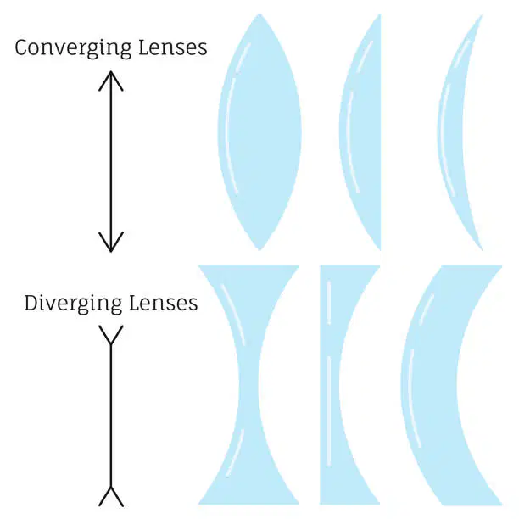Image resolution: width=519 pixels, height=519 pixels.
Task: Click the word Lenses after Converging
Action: (173, 47)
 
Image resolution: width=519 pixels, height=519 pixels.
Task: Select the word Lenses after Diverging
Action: (163, 303)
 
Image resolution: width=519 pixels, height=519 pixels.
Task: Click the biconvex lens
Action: (259, 131)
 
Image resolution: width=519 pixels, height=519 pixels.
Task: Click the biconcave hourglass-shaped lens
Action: (248, 385)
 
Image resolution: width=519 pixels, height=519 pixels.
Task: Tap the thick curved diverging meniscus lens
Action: (430, 385)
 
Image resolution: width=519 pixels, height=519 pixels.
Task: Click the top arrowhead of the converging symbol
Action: (111, 80)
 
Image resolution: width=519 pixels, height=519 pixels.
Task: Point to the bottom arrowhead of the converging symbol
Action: (111, 243)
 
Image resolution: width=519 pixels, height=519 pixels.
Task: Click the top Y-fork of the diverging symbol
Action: (111, 335)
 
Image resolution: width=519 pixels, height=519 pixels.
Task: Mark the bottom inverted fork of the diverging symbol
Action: (111, 496)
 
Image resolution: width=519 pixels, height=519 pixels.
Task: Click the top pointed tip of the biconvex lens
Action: (259, 14)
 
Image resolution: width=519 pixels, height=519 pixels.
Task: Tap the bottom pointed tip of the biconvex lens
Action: (259, 250)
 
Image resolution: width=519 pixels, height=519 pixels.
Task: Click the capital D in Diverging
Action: (31, 303)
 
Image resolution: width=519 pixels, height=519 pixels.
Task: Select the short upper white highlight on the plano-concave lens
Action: (329, 303)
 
